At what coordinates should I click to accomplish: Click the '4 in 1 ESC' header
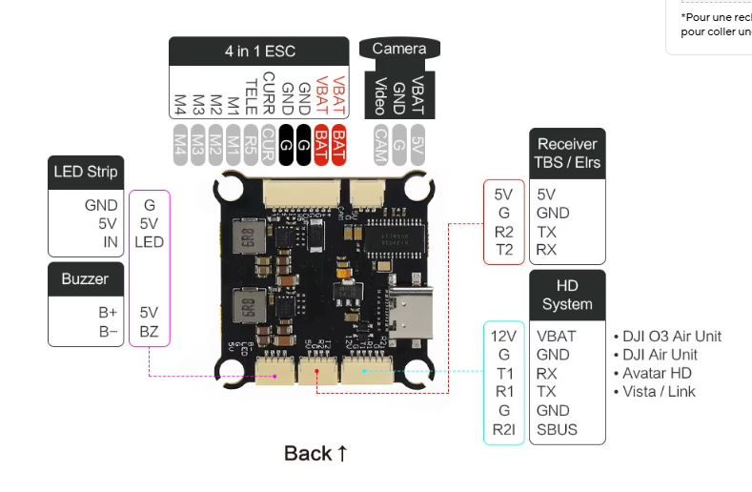258,51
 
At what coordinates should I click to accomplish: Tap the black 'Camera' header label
399,49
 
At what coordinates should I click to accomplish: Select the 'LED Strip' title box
85,172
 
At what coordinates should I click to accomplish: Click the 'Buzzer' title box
85,279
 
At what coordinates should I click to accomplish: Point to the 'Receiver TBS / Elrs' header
566,154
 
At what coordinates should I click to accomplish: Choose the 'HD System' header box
567,295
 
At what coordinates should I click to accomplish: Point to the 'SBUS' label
557,429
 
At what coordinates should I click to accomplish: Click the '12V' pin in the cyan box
503,336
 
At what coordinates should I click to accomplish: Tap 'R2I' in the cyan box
503,429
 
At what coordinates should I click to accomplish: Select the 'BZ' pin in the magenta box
149,331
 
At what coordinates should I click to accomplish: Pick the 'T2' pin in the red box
504,250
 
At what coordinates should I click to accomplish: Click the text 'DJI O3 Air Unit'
672,336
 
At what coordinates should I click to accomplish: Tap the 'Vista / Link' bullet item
659,391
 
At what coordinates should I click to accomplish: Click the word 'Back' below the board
308,453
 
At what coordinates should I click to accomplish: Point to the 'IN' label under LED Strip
111,241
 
